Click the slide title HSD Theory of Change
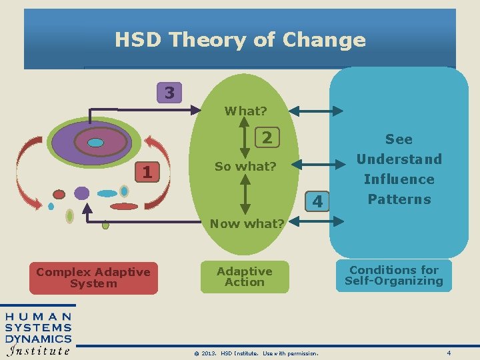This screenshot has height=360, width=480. tap(240, 40)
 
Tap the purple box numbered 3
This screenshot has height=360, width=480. tap(169, 93)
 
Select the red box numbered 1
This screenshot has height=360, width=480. tap(147, 171)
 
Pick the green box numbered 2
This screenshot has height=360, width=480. tap(267, 138)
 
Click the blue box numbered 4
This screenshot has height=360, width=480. tap(317, 201)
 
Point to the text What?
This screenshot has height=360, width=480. tap(245, 111)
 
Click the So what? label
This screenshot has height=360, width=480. tap(245, 166)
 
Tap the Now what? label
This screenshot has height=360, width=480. tap(247, 223)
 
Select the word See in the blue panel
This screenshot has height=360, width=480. tap(399, 139)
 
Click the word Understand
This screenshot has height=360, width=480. tap(399, 159)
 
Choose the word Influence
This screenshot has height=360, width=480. tap(399, 179)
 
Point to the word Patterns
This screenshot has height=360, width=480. tap(399, 199)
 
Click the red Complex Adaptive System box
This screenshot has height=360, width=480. tap(93, 277)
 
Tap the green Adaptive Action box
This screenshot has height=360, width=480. tap(245, 277)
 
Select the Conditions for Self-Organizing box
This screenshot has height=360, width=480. tap(394, 275)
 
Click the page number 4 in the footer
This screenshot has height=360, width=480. tap(449, 352)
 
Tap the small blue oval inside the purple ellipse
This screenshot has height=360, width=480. tap(96, 142)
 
